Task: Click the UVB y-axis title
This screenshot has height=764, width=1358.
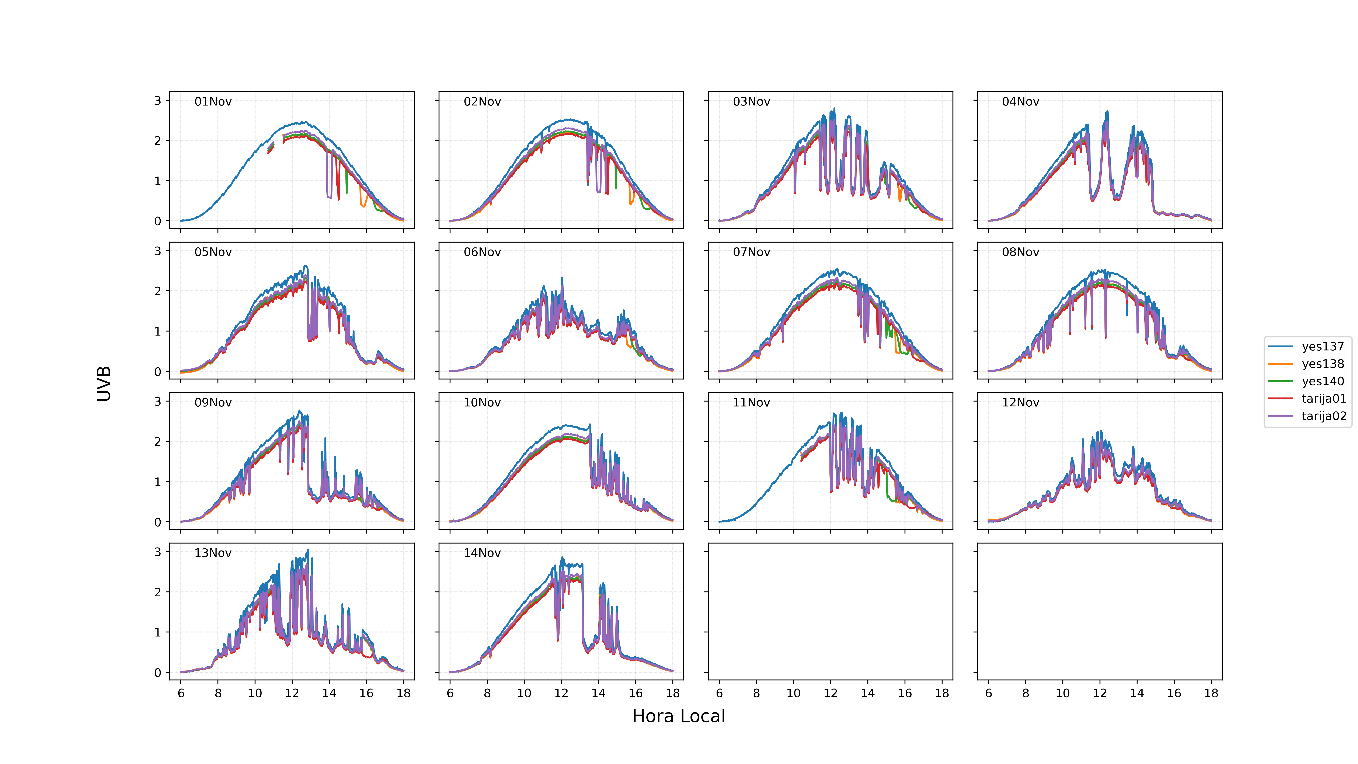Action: [104, 384]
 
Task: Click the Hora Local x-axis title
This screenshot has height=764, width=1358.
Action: [679, 716]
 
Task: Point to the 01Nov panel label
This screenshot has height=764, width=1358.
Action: [213, 102]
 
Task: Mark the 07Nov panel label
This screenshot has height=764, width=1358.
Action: [751, 252]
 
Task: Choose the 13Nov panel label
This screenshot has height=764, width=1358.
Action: [213, 553]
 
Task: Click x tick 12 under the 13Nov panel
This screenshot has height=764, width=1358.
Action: [292, 693]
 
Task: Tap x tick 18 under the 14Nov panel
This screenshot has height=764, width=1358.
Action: [673, 693]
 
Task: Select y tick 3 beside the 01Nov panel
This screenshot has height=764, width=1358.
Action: [158, 100]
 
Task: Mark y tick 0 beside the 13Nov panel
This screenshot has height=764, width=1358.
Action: [158, 673]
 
